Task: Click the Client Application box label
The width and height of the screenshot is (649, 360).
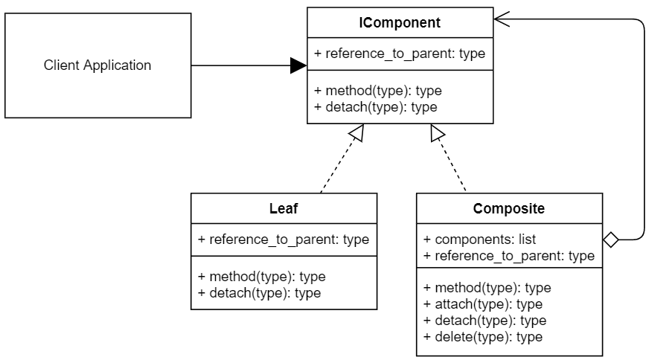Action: click(97, 65)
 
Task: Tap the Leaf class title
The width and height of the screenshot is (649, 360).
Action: click(283, 208)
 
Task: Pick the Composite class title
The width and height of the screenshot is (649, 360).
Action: click(509, 208)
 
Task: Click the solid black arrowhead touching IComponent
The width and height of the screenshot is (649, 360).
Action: click(298, 66)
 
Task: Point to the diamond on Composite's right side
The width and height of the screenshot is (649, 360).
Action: click(610, 240)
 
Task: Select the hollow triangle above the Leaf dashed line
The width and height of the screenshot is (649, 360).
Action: click(357, 133)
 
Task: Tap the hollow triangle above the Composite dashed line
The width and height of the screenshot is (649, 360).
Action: click(438, 133)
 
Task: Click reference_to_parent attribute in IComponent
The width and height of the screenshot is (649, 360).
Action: click(400, 54)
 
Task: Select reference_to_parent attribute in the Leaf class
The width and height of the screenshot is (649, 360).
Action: click(284, 240)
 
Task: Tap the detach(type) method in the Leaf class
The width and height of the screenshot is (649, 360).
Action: click(260, 292)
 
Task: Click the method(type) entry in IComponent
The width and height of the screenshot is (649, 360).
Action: click(378, 91)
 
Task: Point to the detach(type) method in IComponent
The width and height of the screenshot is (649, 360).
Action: click(376, 107)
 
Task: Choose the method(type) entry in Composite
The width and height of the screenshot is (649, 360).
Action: click(487, 288)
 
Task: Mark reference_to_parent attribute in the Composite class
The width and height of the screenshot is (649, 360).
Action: click(509, 256)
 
